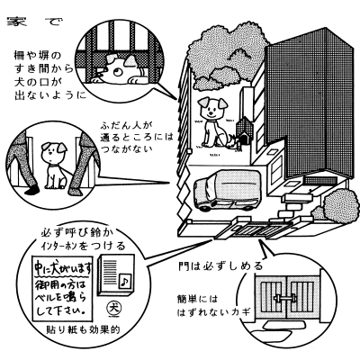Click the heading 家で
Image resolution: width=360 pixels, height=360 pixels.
[35, 22]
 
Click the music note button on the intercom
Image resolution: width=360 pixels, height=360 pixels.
[124, 282]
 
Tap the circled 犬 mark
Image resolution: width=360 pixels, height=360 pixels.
[112, 307]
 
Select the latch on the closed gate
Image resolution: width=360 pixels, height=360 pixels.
[285, 299]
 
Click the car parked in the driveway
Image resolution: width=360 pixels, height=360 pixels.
[228, 190]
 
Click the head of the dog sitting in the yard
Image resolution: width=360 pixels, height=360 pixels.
[212, 107]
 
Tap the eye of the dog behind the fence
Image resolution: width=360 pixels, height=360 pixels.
[118, 71]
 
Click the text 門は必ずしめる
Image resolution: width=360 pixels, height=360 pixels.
[220, 265]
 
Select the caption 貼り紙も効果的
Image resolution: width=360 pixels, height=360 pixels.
[83, 329]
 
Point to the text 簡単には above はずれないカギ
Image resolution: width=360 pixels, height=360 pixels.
[197, 300]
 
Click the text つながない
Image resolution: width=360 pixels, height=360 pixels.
[128, 148]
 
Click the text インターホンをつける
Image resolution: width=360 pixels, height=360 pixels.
[83, 246]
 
